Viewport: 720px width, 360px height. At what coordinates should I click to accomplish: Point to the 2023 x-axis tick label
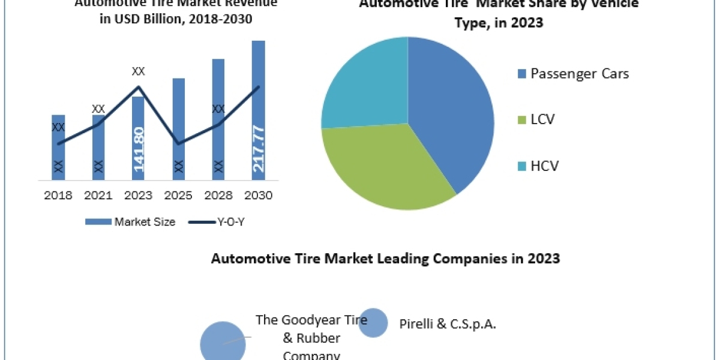pyautogui.click(x=138, y=196)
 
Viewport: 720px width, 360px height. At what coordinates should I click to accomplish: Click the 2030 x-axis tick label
pyautogui.click(x=258, y=196)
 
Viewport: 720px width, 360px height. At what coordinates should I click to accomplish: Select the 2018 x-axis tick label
pyautogui.click(x=58, y=196)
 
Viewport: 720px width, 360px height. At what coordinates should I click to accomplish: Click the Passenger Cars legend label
pyautogui.click(x=580, y=74)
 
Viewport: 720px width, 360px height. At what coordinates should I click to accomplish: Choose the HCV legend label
pyautogui.click(x=544, y=166)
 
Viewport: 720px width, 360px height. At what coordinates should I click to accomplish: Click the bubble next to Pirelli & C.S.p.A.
pyautogui.click(x=374, y=323)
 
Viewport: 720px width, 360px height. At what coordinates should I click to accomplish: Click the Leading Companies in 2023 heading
pyautogui.click(x=385, y=259)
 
